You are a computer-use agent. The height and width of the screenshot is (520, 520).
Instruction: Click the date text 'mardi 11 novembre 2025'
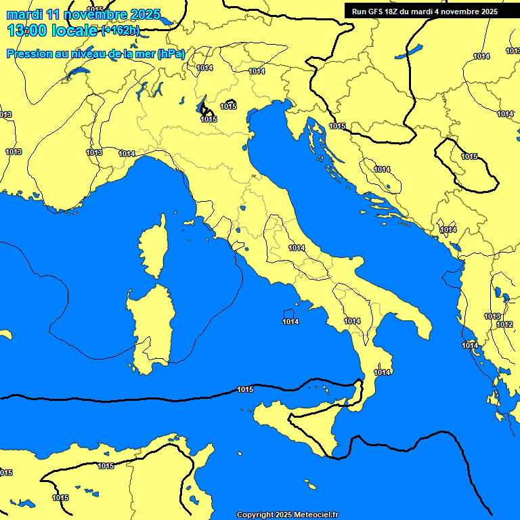pos(83,14)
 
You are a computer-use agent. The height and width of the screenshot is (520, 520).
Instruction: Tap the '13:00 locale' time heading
pos(53,30)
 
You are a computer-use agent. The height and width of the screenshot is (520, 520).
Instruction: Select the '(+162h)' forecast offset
pos(121,30)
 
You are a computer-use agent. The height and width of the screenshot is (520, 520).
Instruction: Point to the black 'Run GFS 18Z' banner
pos(425,11)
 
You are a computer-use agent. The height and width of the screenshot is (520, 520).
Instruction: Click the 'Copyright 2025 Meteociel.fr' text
pos(287,515)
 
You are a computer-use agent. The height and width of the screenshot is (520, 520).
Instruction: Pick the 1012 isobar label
pos(504,324)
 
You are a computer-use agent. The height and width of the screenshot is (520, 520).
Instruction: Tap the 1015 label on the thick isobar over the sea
pos(245,389)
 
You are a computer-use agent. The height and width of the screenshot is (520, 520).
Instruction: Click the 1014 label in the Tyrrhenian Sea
pos(290,322)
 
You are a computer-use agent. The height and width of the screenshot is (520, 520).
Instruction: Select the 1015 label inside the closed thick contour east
pos(469,156)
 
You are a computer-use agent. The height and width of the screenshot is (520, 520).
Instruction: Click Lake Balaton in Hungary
pos(411,51)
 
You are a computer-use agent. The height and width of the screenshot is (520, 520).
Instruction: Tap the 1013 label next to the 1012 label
pos(492,316)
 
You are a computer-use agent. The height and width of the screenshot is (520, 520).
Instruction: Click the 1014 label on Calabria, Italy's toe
pos(383,372)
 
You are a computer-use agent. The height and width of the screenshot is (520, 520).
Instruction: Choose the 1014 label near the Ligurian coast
pos(127,154)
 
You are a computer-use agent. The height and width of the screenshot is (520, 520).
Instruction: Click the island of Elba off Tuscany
pos(190,221)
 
